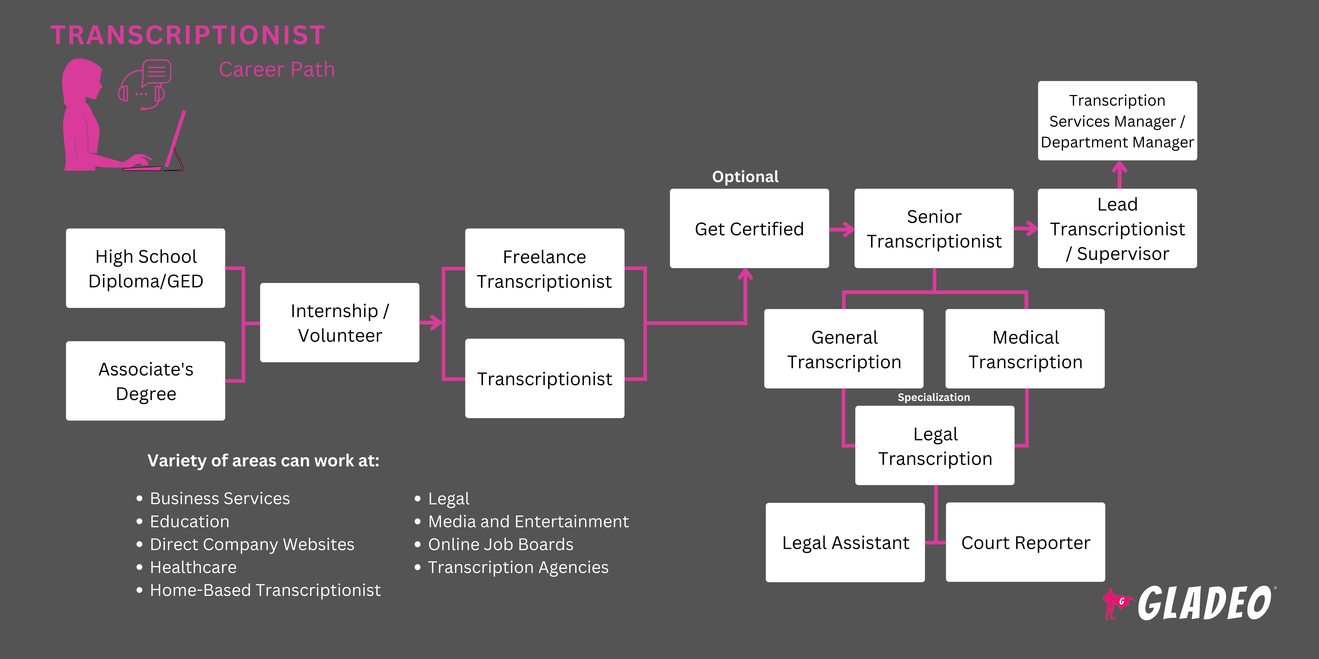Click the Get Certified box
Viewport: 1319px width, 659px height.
749,229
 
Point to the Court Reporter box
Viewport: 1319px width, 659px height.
1025,542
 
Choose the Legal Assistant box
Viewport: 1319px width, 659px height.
845,542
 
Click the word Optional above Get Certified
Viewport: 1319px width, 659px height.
745,177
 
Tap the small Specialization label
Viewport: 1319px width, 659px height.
934,397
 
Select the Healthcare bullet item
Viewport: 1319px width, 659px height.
193,567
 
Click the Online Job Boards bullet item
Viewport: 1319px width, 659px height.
500,544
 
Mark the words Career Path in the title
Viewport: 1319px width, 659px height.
277,70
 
